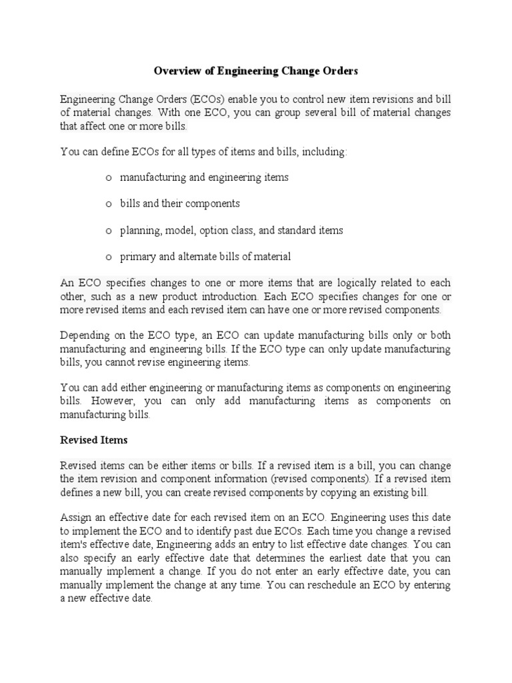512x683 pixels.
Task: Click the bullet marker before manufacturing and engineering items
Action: tap(108, 178)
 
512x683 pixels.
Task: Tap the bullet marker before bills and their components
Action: tap(108, 204)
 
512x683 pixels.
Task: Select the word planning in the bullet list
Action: tap(140, 231)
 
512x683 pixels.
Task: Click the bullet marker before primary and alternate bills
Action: tap(108, 257)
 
